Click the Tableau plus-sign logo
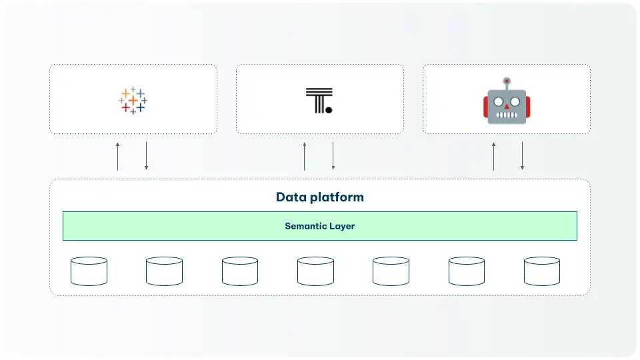coord(133,100)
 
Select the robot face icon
coord(507,101)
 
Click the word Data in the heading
coord(291,197)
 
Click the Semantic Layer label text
coord(320,226)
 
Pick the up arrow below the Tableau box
coord(118,156)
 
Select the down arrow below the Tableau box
coord(146,156)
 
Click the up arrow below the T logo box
coord(305,156)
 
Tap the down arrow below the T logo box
coord(333,156)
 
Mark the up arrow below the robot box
coord(494,156)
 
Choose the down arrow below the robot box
coord(522,156)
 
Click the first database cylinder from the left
coord(89,271)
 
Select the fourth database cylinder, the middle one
coord(315,271)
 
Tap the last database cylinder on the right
coord(542,271)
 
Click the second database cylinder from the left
coord(164,271)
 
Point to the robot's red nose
coord(507,104)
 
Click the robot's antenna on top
coord(507,82)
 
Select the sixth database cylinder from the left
coord(467,271)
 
